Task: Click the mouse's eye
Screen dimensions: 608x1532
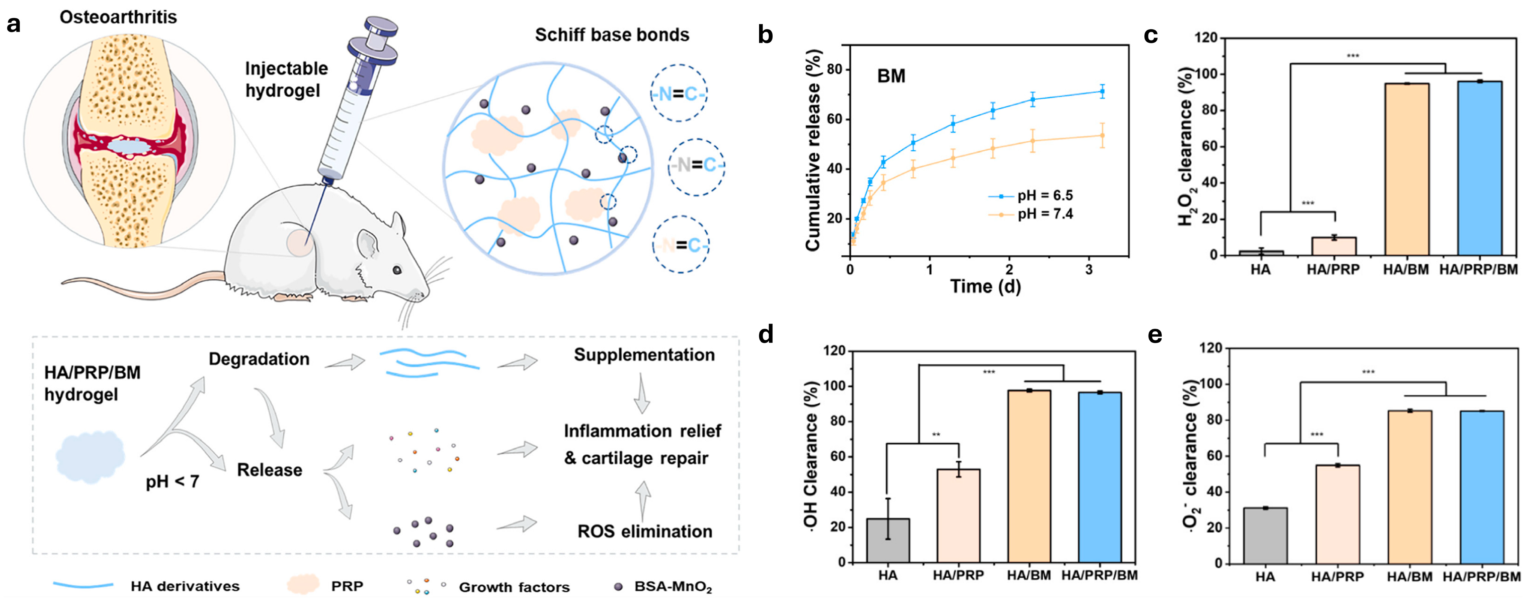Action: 397,270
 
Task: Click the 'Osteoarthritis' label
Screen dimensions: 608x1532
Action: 118,16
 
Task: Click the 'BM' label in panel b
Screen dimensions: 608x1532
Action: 891,76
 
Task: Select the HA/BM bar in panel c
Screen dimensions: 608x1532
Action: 1407,169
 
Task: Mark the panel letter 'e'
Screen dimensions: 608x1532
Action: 1155,335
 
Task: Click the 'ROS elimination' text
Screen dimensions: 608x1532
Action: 645,531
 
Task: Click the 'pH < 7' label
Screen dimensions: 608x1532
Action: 173,481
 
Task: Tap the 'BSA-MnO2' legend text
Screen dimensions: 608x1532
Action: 673,587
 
